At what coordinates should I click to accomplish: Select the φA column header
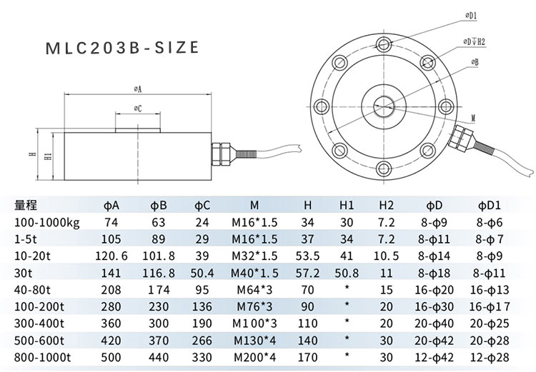111,206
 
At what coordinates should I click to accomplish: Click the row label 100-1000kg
47,223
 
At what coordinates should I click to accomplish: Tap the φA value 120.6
111,256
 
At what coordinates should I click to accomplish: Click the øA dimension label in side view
136,89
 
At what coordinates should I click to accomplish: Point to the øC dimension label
137,109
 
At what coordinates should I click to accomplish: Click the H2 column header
386,206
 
